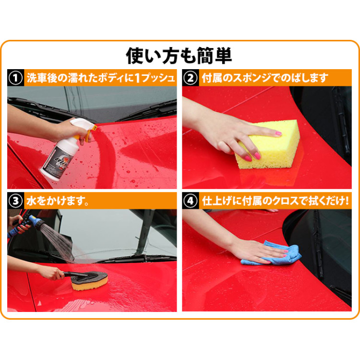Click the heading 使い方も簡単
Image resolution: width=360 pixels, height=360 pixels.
click(x=179, y=56)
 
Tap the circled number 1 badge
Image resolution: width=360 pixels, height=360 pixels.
click(x=15, y=78)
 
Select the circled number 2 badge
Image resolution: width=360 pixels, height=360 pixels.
click(x=191, y=78)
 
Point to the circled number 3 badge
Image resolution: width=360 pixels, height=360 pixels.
click(x=15, y=201)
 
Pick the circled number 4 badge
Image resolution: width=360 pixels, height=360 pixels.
click(x=191, y=201)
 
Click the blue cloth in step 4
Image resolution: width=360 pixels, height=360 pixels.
click(x=273, y=253)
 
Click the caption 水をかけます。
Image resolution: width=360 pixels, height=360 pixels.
click(x=58, y=201)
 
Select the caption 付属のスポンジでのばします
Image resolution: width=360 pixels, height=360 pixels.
click(x=265, y=78)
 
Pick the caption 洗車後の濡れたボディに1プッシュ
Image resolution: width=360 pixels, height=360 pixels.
click(x=101, y=78)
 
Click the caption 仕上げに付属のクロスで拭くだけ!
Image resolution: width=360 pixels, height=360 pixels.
click(x=276, y=201)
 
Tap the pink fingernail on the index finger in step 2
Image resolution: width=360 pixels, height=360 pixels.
click(x=278, y=133)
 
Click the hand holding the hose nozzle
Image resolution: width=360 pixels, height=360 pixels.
click(x=20, y=224)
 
